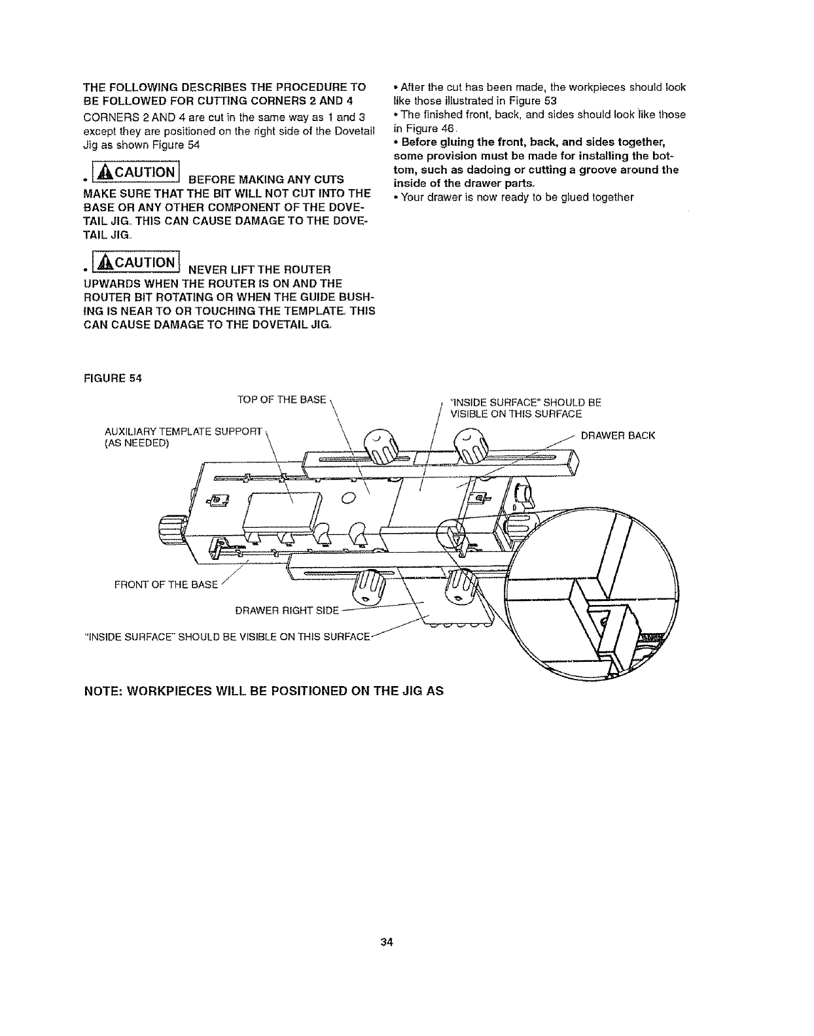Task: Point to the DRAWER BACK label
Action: point(618,436)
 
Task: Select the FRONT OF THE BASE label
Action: point(166,584)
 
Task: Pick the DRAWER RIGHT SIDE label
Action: point(286,611)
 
